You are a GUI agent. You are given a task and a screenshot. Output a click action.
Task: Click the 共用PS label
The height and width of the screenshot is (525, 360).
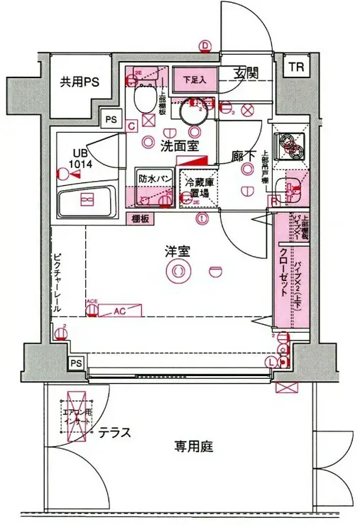(x=78, y=82)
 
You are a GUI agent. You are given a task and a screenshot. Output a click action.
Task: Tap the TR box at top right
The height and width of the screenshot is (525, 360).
(x=295, y=68)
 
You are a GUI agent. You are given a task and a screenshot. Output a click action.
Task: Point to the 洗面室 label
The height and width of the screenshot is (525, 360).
(x=174, y=147)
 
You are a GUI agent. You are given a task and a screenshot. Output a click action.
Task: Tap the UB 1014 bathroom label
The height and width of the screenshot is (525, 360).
(x=80, y=160)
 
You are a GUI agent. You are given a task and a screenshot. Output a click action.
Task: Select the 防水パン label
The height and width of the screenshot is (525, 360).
(x=153, y=179)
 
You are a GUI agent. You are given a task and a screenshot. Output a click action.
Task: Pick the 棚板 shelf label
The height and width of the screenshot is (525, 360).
(x=141, y=219)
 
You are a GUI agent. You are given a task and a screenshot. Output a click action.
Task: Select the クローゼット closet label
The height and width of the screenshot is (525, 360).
(x=283, y=273)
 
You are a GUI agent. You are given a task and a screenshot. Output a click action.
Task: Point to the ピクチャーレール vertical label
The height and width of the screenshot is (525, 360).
(x=58, y=284)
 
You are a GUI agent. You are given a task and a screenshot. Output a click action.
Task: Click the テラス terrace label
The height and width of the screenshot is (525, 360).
(x=114, y=432)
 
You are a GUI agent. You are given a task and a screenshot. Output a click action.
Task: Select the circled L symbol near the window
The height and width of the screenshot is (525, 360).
(x=272, y=362)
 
